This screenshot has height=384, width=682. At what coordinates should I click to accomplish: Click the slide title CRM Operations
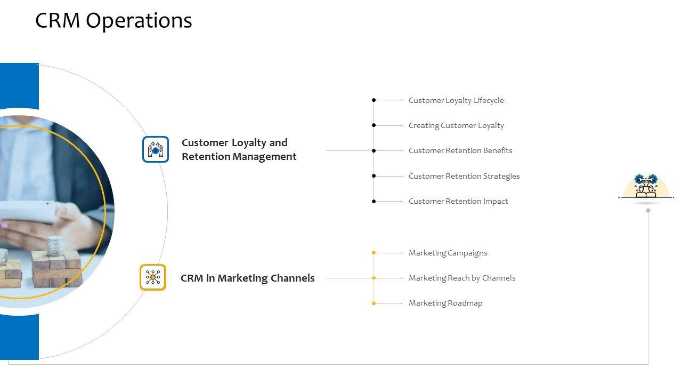[x=113, y=21]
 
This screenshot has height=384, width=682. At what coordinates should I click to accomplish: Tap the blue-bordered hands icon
[x=156, y=149]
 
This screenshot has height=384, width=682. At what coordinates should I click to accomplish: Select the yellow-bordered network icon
[x=153, y=277]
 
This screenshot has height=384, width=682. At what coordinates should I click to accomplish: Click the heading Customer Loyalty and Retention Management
[x=239, y=149]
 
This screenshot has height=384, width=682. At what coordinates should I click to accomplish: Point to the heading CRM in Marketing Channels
[x=248, y=278]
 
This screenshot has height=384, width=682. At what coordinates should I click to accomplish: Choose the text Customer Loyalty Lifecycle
[x=456, y=100]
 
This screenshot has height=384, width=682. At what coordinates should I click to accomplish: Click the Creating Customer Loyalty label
[x=456, y=125]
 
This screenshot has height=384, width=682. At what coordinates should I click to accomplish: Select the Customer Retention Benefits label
[x=460, y=150]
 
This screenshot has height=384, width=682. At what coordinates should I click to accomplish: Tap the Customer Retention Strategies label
[x=464, y=176]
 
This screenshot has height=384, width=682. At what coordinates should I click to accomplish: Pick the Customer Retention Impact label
[x=458, y=201]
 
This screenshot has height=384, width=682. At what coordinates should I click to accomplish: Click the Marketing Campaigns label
[x=448, y=253]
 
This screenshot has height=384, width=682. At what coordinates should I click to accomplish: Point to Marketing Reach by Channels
[x=462, y=278]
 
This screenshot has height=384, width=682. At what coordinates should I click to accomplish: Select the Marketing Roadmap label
[x=445, y=303]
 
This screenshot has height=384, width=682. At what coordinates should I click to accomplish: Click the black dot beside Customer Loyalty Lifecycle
[x=374, y=100]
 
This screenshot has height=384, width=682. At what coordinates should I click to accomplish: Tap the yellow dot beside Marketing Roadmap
[x=374, y=303]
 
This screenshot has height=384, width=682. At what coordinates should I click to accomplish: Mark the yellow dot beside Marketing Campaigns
[x=374, y=253]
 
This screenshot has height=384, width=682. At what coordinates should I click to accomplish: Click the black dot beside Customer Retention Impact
[x=374, y=201]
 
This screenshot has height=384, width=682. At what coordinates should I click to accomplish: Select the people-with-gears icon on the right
[x=646, y=186]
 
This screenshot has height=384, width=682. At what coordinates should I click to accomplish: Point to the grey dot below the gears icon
[x=648, y=210]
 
